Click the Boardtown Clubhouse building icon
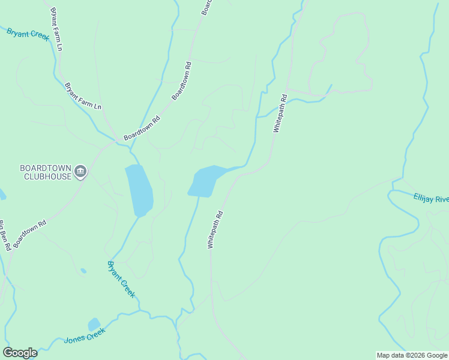[x=80, y=172]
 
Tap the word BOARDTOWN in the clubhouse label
[x=45, y=168]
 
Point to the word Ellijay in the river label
[x=424, y=197]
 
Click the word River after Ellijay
[x=442, y=200]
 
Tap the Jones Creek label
[x=85, y=335]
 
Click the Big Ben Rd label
[x=4, y=235]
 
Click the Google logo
[x=20, y=353]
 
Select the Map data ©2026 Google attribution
[x=412, y=355]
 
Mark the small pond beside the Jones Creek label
[x=94, y=325]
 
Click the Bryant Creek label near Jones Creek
[x=121, y=279]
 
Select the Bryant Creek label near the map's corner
[x=28, y=34]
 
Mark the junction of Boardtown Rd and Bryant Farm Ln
[x=115, y=142]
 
